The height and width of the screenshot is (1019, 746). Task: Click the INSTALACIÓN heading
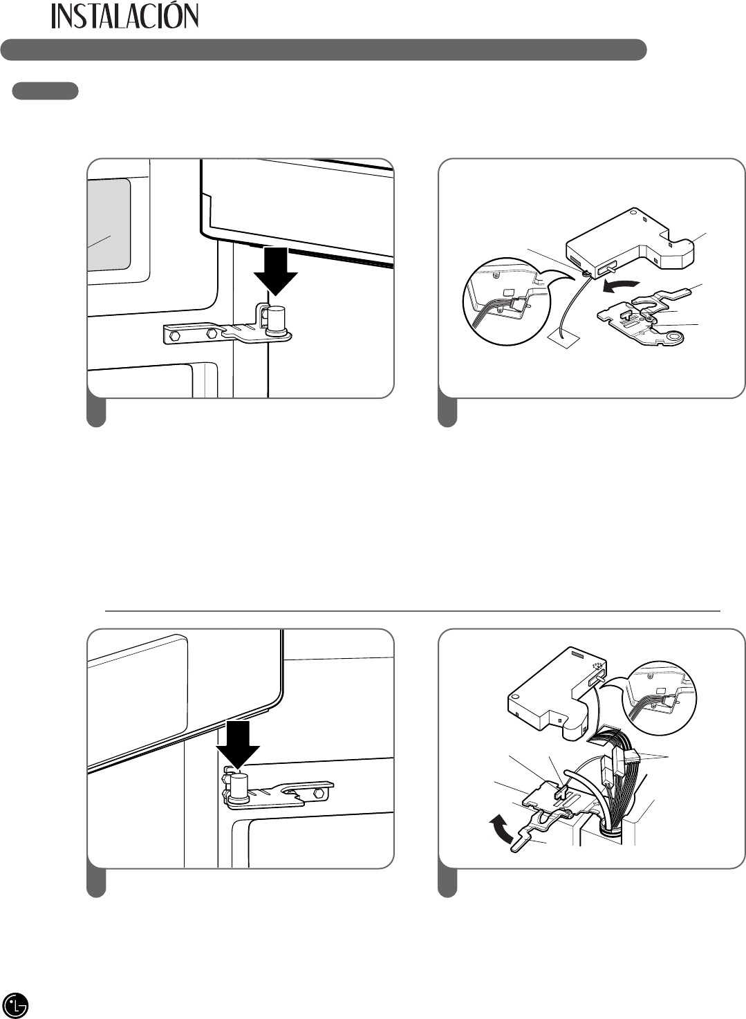125,16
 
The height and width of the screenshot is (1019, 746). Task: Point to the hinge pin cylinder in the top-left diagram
276,320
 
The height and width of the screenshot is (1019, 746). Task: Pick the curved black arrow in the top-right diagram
619,287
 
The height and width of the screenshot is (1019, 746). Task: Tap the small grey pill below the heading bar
45,91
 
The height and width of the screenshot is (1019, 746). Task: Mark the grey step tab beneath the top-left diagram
96,413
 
